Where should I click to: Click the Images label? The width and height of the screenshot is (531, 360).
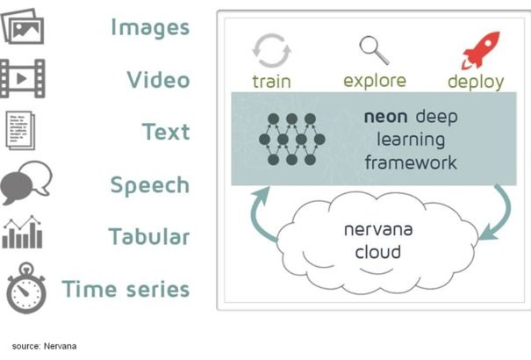[149, 27]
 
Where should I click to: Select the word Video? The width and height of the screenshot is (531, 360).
[158, 80]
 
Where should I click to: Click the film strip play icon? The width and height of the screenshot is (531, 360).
[23, 79]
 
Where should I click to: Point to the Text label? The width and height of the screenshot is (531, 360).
[166, 133]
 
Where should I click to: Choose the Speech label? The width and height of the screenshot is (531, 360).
[149, 185]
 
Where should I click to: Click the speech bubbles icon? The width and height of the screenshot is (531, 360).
[25, 184]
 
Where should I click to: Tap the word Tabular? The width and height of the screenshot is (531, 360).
[148, 237]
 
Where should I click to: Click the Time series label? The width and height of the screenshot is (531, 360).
[126, 288]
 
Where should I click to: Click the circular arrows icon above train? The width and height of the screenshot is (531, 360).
[270, 50]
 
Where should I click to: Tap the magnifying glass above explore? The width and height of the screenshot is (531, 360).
[373, 48]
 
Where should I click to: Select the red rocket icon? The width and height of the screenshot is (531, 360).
[480, 49]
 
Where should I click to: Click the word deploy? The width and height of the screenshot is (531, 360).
[476, 82]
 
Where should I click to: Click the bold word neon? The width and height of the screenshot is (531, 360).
[383, 116]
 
